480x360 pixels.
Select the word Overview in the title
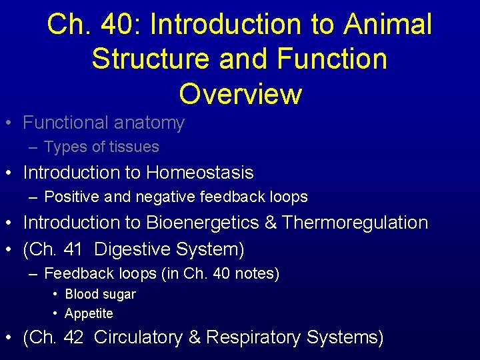click(x=240, y=94)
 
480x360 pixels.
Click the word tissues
click(x=135, y=147)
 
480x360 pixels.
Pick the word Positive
click(x=68, y=197)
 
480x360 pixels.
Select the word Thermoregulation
click(x=355, y=223)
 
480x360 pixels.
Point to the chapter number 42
click(x=73, y=337)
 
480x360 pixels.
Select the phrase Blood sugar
click(x=100, y=294)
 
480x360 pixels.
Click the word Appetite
click(x=89, y=313)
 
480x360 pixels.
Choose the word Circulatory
click(x=139, y=337)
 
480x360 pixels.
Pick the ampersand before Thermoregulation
click(x=271, y=223)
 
